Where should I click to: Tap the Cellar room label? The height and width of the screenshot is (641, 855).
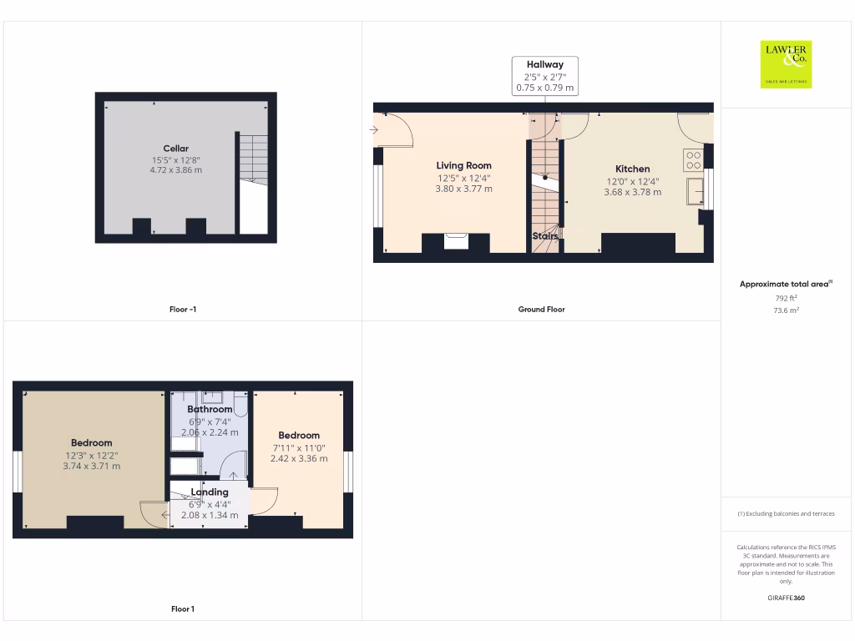[175, 149]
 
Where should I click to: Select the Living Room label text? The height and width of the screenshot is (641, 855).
[463, 165]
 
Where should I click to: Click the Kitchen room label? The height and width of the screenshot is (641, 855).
[632, 169]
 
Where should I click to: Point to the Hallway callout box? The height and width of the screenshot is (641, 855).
[544, 76]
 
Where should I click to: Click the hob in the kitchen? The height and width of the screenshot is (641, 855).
[693, 159]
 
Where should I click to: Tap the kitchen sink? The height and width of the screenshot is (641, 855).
[694, 191]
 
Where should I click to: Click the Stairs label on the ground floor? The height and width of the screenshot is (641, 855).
[545, 236]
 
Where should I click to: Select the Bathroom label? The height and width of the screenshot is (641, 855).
[210, 409]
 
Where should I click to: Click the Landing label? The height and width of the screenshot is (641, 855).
[210, 492]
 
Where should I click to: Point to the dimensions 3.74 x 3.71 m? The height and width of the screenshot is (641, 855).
[92, 466]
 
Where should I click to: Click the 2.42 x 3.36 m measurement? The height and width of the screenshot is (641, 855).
[299, 458]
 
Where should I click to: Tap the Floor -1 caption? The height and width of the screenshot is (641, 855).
[182, 310]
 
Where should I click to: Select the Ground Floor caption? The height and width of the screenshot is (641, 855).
[542, 310]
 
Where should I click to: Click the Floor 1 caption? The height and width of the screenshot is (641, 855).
[182, 609]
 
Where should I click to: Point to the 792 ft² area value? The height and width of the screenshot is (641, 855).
[786, 298]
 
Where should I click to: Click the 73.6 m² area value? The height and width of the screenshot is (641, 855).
[786, 310]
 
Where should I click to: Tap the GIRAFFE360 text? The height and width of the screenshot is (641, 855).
[786, 598]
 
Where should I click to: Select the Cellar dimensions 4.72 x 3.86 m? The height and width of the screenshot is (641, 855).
[175, 170]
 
